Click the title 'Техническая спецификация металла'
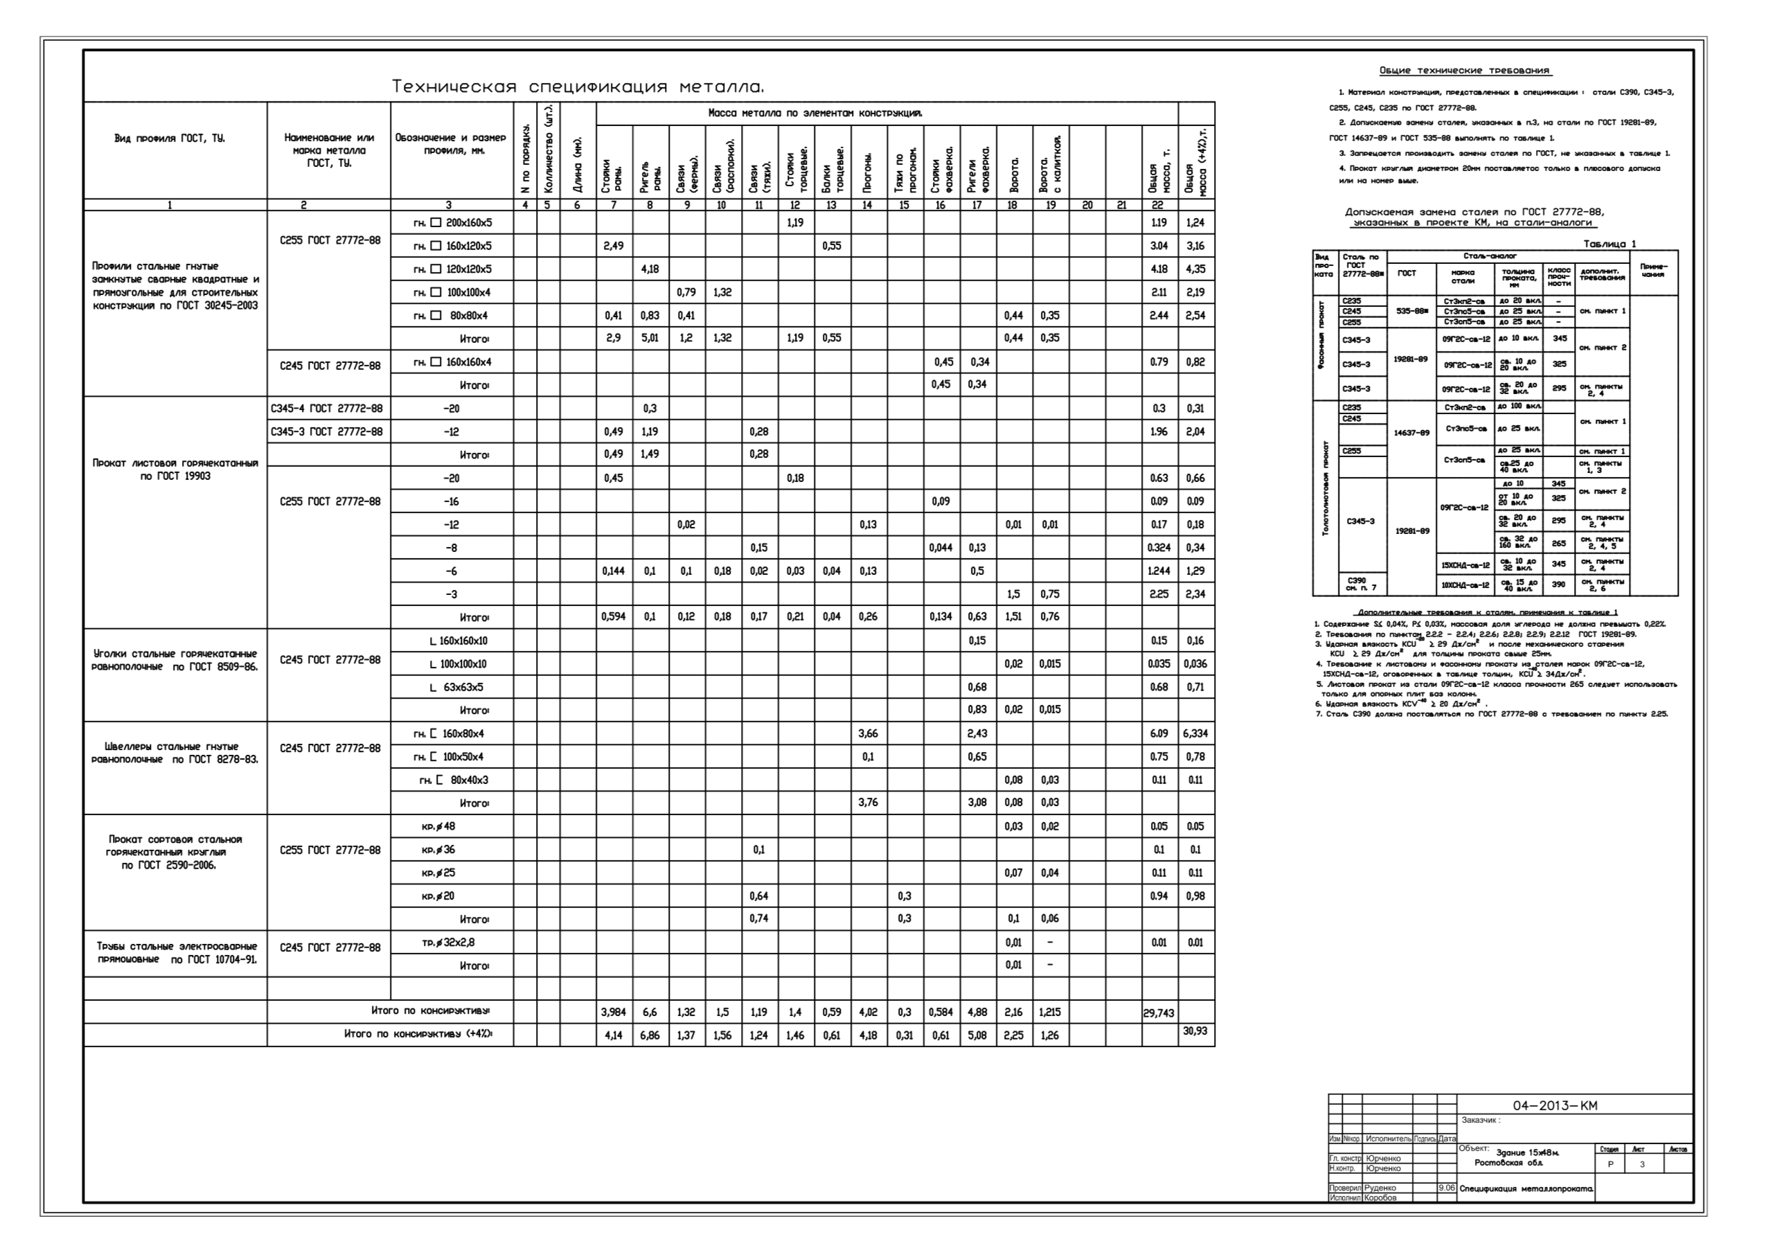(578, 87)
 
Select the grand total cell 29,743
(1159, 1013)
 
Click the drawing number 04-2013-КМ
(1554, 1106)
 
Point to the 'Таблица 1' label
(1609, 244)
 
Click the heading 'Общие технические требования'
(1465, 71)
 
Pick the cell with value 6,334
(1195, 733)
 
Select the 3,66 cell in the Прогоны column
(868, 733)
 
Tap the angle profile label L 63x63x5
(456, 687)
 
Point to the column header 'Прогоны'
(868, 172)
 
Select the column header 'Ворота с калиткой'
(1050, 164)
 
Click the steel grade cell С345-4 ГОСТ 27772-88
(327, 408)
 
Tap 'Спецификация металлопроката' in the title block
(1526, 1189)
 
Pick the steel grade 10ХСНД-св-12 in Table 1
(1465, 585)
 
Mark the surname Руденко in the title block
(1380, 1188)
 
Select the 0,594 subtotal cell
(614, 616)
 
